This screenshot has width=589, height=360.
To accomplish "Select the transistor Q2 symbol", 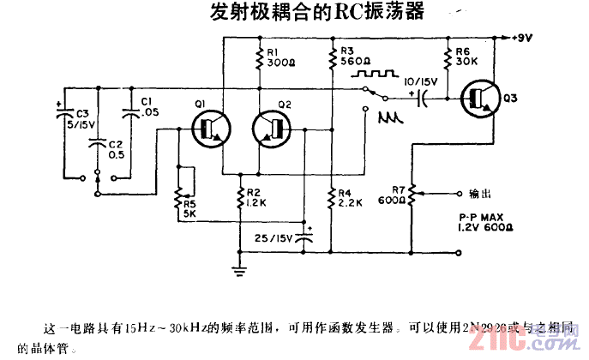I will click(273, 129).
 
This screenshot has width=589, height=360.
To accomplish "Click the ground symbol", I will click(237, 271).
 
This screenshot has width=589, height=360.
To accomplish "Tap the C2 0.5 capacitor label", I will click(116, 149).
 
